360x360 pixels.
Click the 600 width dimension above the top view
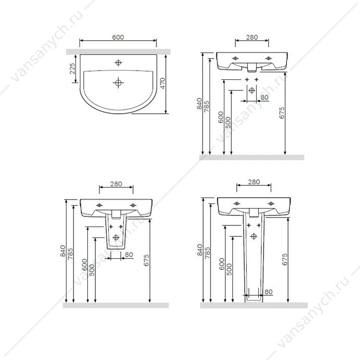coord(118,37)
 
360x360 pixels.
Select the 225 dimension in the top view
coord(72,69)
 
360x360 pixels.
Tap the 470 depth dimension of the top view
coord(162,83)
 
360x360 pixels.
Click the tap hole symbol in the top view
coord(118,63)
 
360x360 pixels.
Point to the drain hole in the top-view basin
coord(118,82)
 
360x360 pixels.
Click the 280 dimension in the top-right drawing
coord(252,37)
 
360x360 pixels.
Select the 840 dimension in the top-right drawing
coord(199,104)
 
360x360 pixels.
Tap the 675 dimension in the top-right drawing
coord(282,113)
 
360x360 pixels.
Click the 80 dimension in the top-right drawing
coord(265,97)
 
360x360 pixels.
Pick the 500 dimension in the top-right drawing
coord(228,123)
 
